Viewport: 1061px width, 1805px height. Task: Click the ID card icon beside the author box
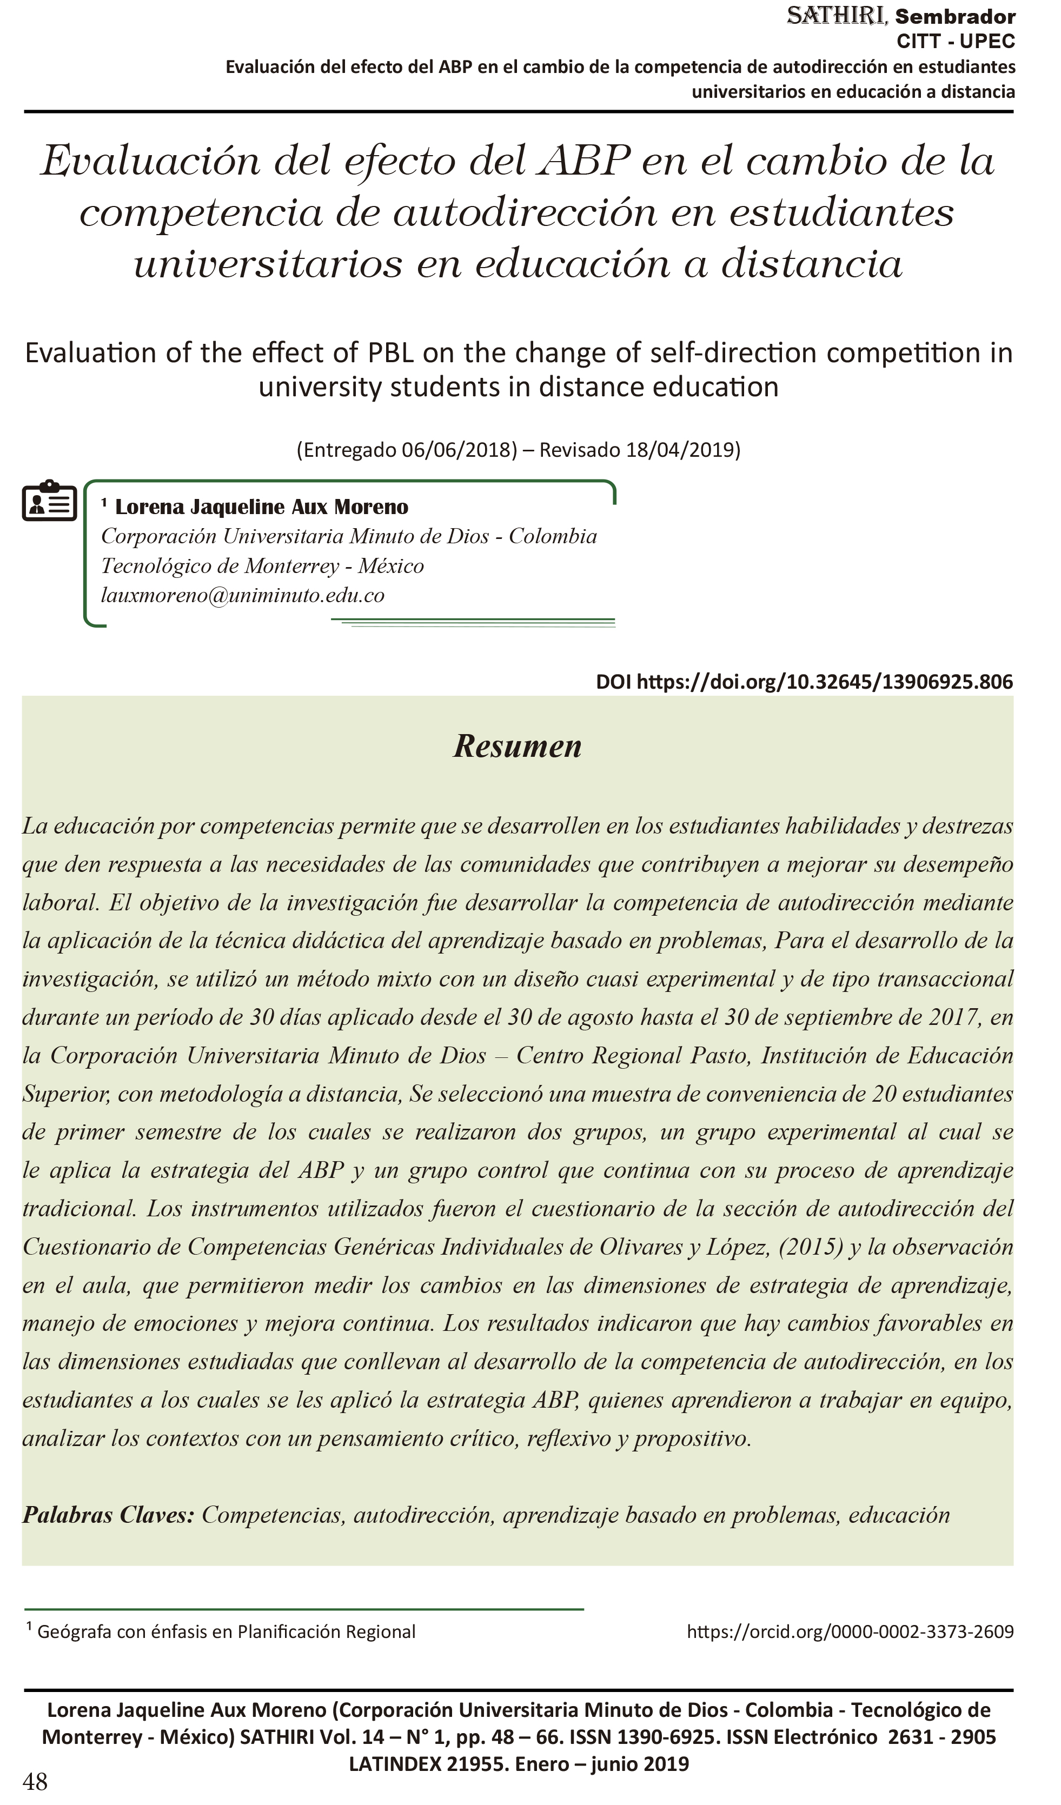pos(49,501)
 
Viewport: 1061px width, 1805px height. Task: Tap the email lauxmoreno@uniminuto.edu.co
pos(242,595)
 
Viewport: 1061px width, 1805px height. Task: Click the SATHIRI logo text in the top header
pos(837,16)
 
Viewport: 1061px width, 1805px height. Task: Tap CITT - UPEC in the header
pos(955,42)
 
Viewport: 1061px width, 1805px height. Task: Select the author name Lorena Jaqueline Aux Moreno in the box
pos(262,507)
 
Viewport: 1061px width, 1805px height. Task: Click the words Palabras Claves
pos(108,1515)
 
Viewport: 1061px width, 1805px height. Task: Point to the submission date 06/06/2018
pos(459,450)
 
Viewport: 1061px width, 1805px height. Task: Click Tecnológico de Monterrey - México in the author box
pos(262,566)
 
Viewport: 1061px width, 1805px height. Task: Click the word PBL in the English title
pos(390,353)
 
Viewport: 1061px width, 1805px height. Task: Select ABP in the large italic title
pos(584,161)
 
